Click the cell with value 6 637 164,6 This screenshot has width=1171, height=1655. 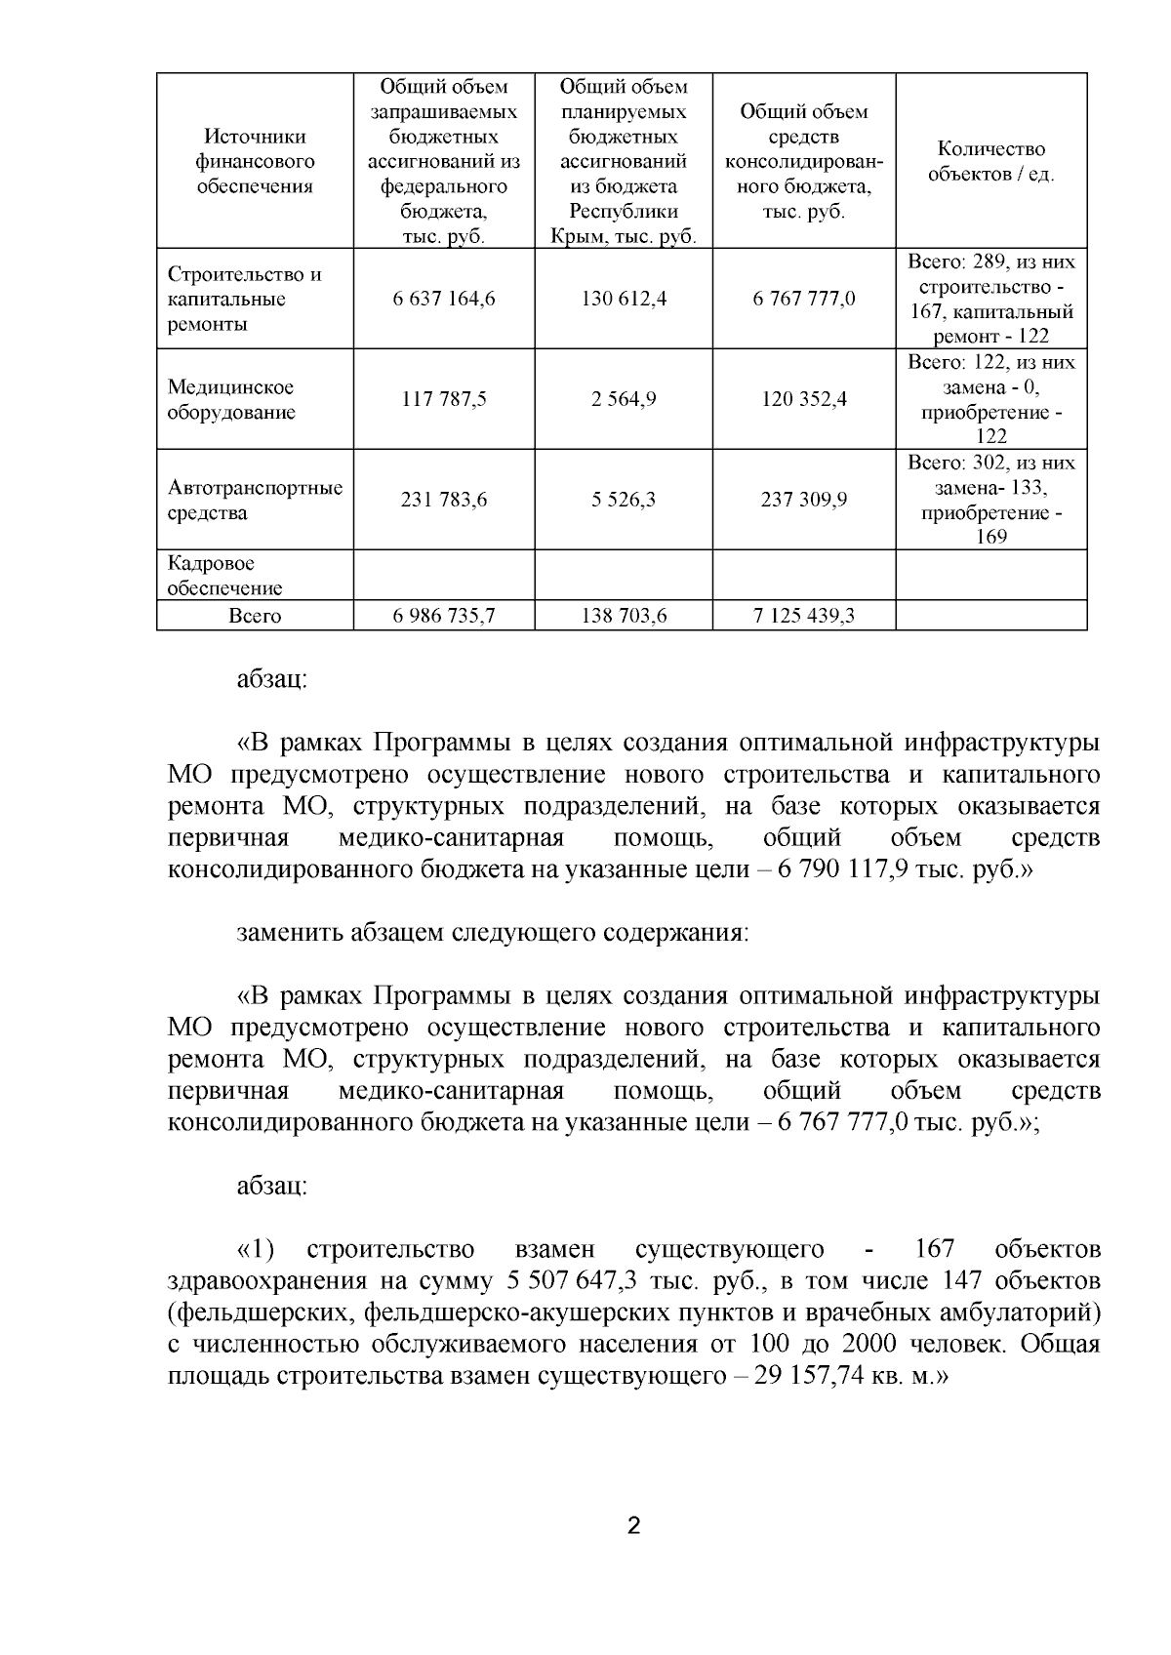444,299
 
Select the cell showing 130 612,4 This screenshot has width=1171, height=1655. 624,299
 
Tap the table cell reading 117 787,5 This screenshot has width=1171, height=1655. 444,399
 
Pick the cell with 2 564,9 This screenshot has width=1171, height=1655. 624,399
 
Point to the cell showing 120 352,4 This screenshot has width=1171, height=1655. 804,399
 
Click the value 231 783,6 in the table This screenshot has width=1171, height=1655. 444,500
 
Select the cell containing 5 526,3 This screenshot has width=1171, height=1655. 624,500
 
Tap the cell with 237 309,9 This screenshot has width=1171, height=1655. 804,500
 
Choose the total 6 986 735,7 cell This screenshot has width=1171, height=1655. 444,616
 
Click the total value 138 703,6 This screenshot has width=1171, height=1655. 624,616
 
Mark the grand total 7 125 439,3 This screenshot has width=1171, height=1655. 804,616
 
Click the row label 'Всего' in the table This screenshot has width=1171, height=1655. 255,616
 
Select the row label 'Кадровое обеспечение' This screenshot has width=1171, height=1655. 225,576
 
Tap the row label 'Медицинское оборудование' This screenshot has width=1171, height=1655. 231,399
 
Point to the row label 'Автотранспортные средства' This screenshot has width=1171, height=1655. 255,500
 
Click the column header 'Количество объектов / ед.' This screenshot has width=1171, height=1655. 990,162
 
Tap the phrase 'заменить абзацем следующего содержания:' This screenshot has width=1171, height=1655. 493,933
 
